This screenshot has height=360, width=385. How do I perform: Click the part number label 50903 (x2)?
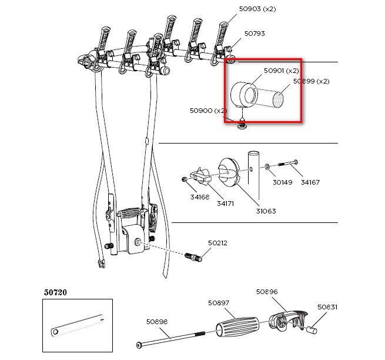(257, 9)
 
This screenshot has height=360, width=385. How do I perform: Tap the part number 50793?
(255, 34)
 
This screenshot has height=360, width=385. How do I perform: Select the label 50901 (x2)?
(281, 71)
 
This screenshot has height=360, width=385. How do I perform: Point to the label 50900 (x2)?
(208, 111)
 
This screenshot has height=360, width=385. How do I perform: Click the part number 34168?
(200, 197)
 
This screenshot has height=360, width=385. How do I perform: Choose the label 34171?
(225, 204)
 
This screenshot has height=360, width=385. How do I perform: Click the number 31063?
(266, 211)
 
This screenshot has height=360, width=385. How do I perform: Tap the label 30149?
(282, 182)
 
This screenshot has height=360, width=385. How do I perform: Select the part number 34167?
(310, 182)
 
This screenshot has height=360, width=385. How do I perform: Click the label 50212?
(217, 243)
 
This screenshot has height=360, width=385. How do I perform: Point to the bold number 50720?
(55, 292)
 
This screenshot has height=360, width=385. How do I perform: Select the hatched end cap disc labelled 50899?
(278, 100)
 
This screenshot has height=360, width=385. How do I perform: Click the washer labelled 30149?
(267, 167)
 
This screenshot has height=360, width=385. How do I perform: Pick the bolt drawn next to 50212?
(193, 257)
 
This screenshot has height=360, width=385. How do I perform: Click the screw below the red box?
(242, 126)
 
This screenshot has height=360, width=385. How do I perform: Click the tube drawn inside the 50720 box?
(78, 325)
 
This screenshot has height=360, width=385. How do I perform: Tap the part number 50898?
(157, 322)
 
